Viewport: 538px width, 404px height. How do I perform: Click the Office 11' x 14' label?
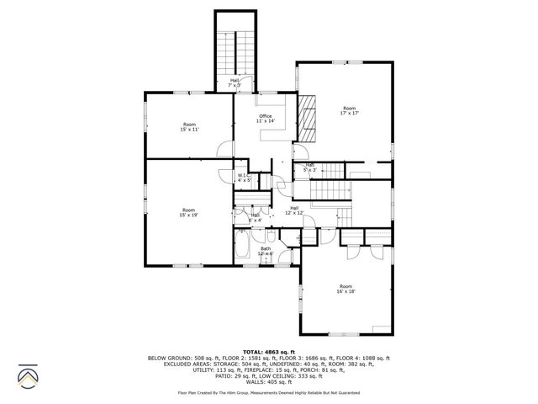click(266, 119)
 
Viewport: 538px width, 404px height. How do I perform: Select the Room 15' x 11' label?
click(189, 127)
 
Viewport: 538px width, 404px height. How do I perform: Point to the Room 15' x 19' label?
click(188, 212)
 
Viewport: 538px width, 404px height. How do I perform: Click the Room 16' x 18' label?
click(346, 289)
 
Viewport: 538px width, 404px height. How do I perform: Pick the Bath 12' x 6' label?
click(266, 251)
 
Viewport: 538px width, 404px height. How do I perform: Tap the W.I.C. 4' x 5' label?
click(244, 178)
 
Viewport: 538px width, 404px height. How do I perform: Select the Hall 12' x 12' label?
click(294, 210)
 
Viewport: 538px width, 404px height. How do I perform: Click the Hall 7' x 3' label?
click(235, 82)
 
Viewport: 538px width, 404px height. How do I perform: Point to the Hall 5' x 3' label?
click(309, 167)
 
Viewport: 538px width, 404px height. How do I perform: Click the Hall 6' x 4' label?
click(255, 217)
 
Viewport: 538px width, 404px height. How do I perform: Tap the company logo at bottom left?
click(27, 375)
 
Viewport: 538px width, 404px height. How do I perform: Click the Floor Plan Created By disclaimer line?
click(269, 393)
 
